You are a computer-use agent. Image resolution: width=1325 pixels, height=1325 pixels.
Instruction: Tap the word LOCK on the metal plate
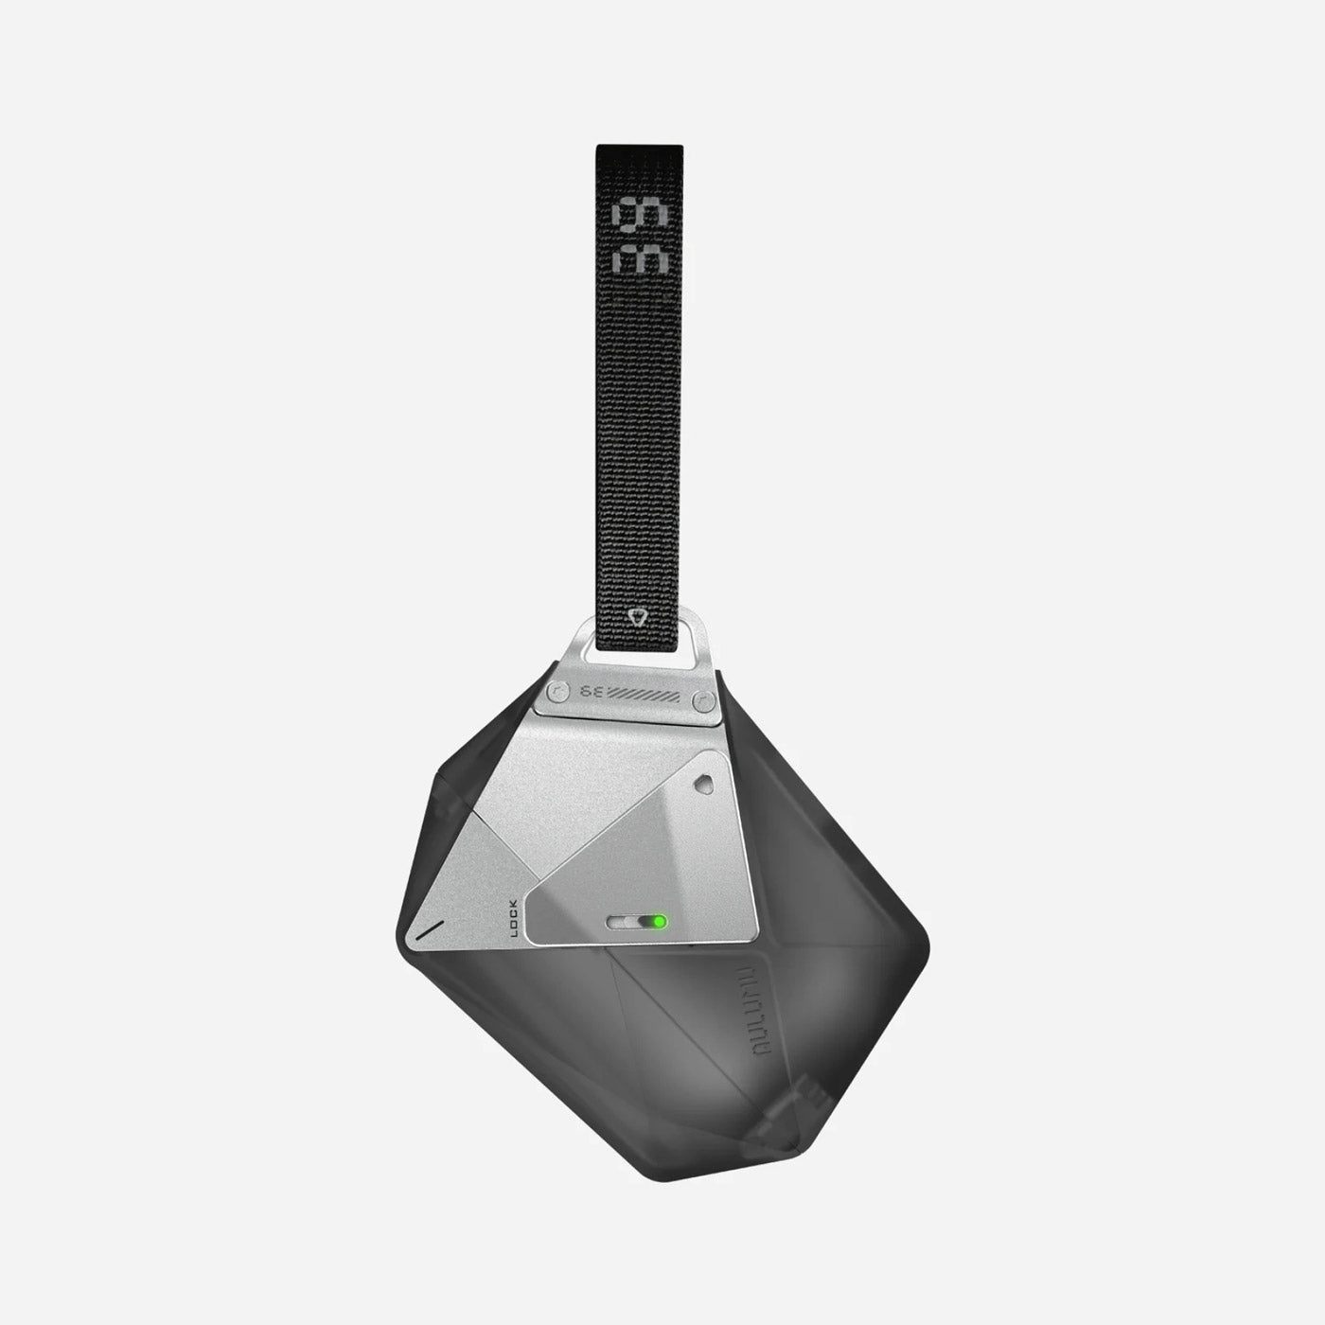pos(515,917)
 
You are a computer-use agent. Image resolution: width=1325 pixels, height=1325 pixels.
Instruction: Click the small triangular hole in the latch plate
pos(702,783)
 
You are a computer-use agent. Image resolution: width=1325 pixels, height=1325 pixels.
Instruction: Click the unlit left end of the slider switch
pos(620,922)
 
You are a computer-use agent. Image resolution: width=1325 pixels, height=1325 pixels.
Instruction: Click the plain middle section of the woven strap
pos(639,426)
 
